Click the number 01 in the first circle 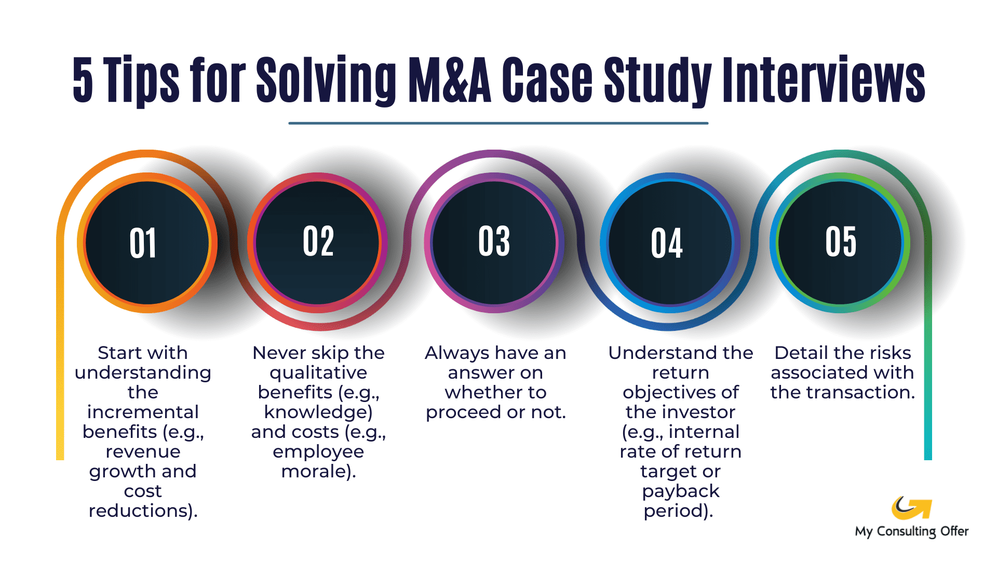[x=143, y=243]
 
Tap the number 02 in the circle [x=318, y=242]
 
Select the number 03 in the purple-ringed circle [x=494, y=242]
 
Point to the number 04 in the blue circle [x=667, y=243]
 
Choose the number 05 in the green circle [x=841, y=242]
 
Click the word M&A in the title [x=449, y=81]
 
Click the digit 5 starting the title [x=83, y=81]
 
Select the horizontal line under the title [x=498, y=123]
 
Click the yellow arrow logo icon [x=911, y=508]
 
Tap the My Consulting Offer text [x=911, y=531]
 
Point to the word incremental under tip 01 [x=143, y=412]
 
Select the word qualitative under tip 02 [x=318, y=373]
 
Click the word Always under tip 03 [x=457, y=353]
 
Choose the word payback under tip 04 [x=680, y=491]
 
